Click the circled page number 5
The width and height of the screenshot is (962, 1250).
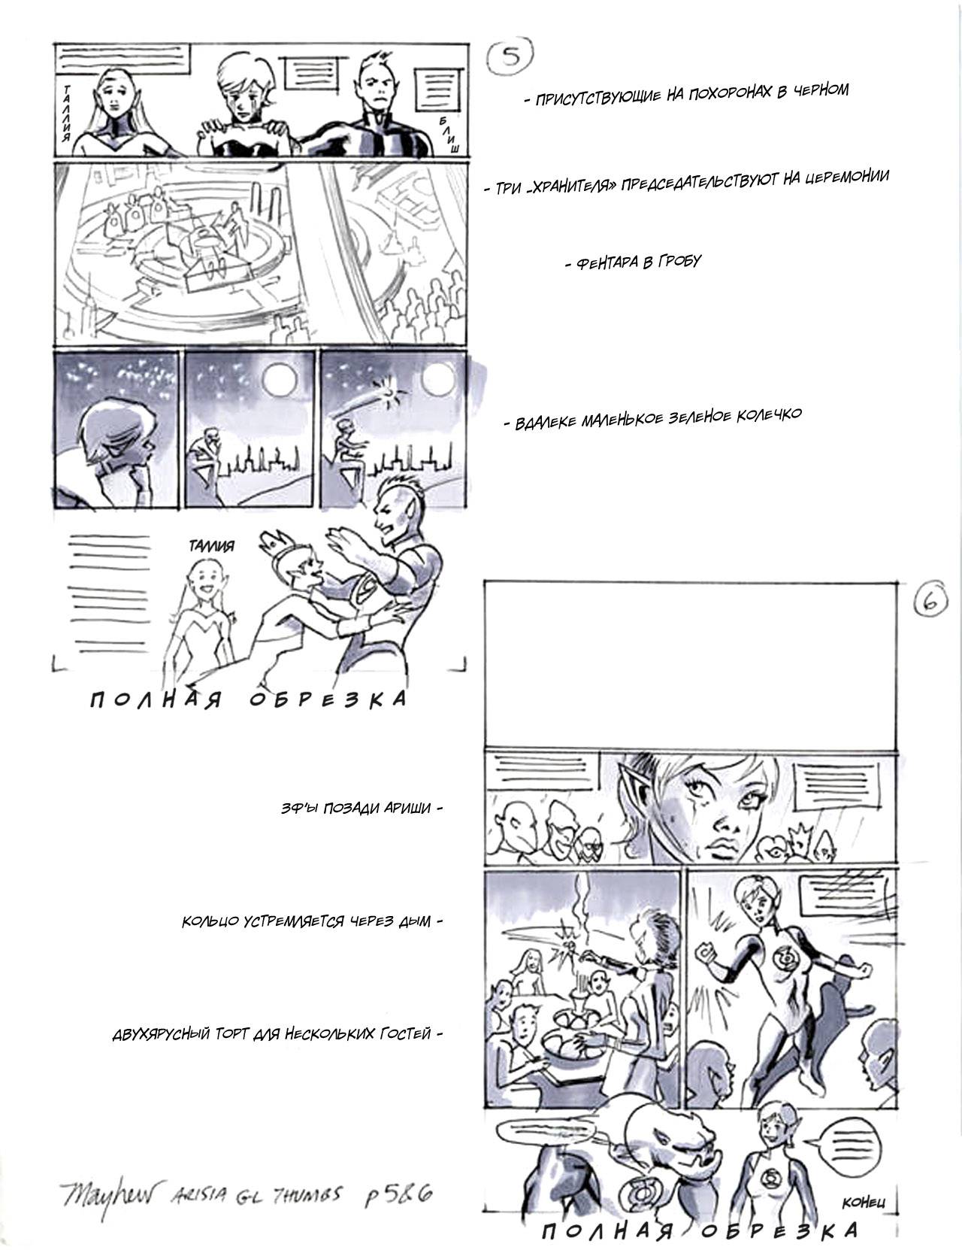pos(510,55)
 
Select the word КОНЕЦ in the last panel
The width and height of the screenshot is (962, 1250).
pos(863,1202)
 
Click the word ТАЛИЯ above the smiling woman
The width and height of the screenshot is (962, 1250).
pos(211,545)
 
